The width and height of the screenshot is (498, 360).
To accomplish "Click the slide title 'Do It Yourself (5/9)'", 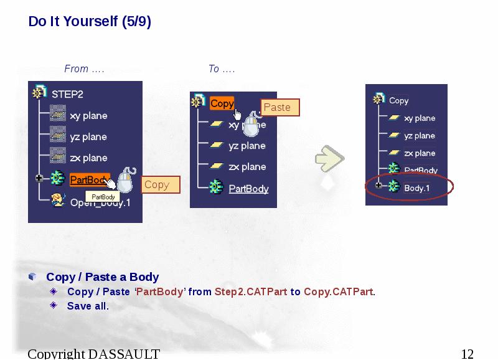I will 90,22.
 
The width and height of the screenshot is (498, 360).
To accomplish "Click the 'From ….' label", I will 84,69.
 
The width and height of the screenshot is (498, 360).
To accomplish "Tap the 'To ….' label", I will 222,69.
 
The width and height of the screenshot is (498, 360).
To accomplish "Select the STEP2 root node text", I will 67,95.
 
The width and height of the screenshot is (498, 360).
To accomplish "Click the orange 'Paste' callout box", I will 278,107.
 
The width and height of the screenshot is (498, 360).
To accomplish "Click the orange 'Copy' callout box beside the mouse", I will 157,184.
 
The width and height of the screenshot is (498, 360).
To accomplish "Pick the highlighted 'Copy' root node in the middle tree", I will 222,103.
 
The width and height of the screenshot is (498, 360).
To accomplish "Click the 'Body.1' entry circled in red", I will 417,187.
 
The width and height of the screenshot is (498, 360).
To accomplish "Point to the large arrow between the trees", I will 329,159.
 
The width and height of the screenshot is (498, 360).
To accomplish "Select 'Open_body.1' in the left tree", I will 100,202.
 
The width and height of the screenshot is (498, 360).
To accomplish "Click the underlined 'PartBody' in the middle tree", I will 248,189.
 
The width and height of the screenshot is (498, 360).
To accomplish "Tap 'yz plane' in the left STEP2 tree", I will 88,137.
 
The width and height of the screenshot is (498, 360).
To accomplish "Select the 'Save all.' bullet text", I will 88,306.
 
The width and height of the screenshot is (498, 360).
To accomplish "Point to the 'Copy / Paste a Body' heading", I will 103,277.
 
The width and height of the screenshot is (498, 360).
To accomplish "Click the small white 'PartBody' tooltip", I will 103,197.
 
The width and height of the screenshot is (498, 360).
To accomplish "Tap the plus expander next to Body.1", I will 378,186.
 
